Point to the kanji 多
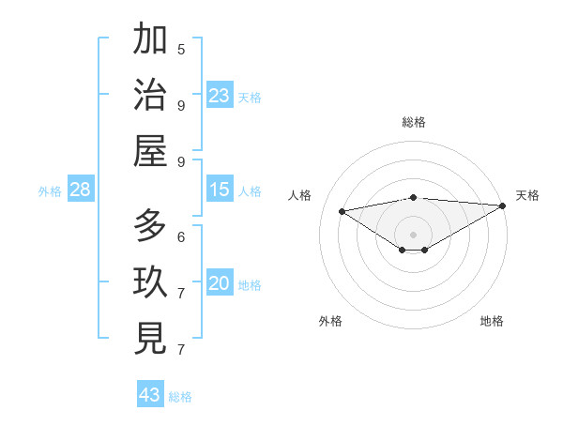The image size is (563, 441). tap(150, 225)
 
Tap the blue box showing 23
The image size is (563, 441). tap(220, 96)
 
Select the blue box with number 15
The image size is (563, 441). tap(220, 190)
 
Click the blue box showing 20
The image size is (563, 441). tap(220, 284)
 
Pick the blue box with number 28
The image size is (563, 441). tap(80, 190)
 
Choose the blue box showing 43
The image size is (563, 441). tap(150, 395)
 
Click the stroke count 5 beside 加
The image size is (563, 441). tap(181, 49)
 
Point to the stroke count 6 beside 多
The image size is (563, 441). tap(181, 236)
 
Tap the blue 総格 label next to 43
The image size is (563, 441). tap(181, 397)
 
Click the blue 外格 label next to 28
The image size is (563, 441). tap(50, 191)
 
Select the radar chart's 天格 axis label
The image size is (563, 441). tap(528, 195)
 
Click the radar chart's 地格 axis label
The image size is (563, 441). tap(492, 321)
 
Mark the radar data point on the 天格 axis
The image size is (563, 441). tap(503, 205)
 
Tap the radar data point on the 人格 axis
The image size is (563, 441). tap(342, 210)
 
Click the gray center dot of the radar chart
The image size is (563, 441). tap(414, 234)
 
